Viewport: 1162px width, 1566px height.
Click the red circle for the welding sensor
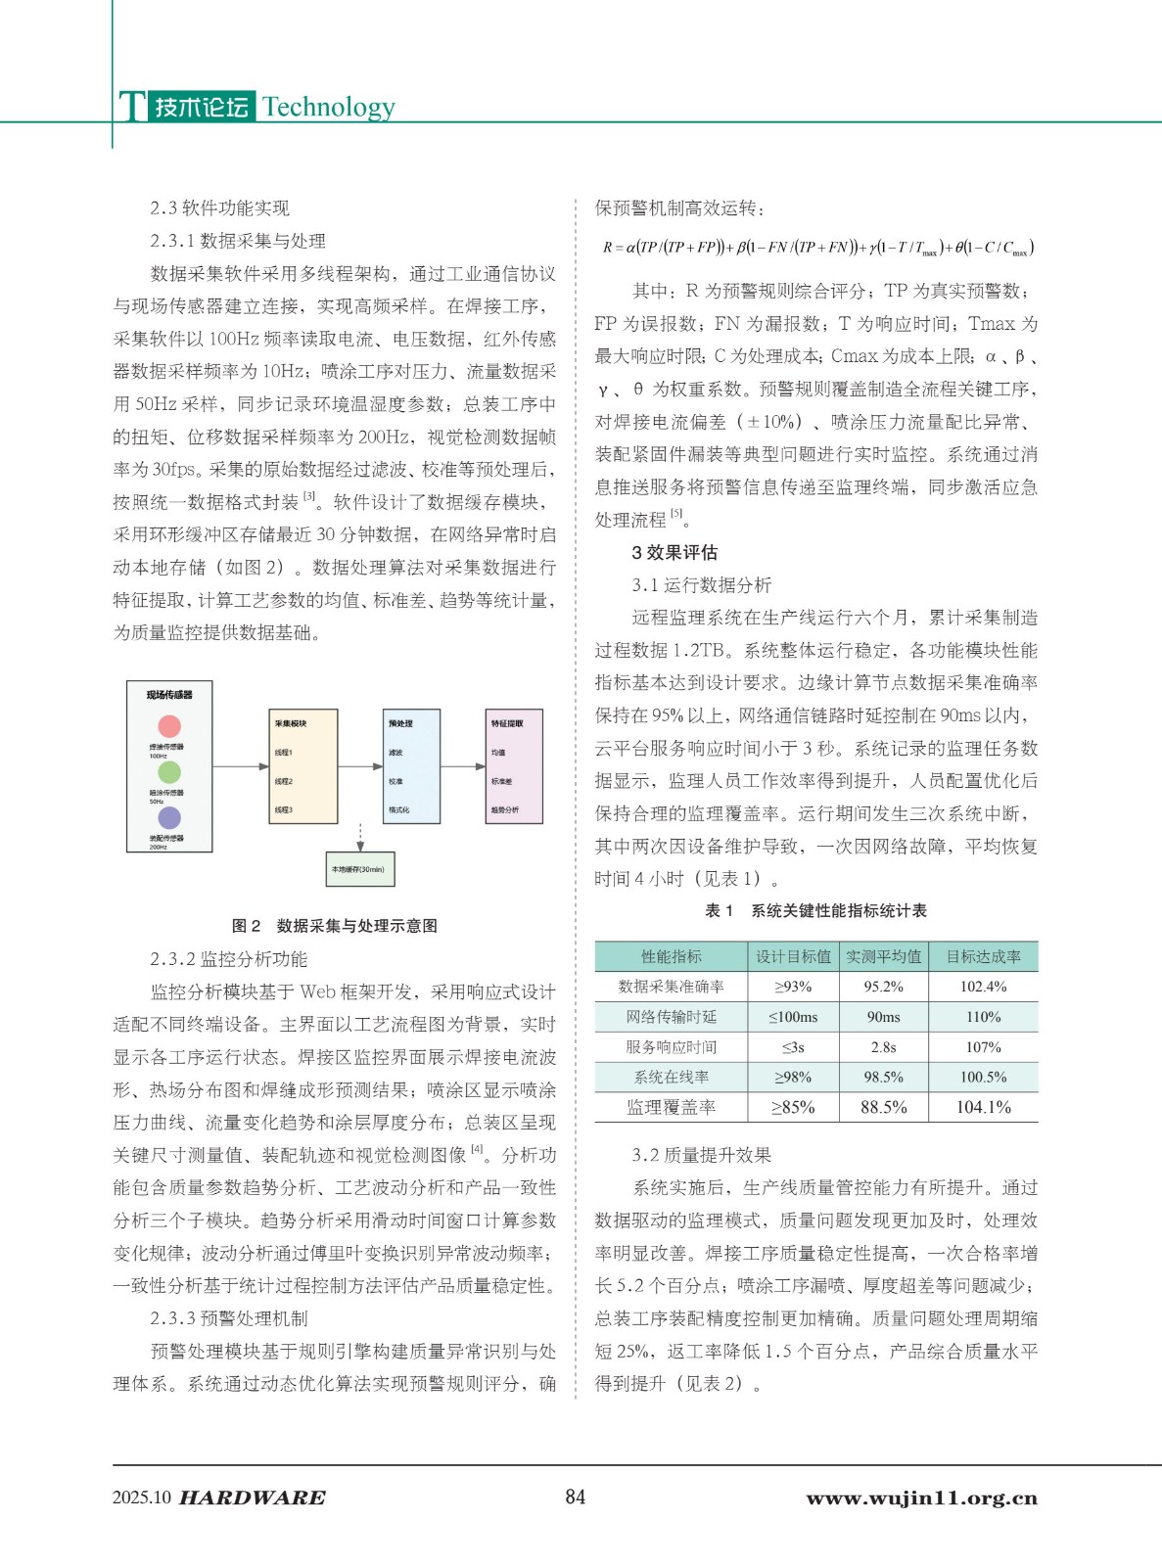coord(169,726)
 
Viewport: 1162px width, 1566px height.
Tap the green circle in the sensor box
coord(169,772)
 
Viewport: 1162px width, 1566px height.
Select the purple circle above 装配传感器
coord(169,817)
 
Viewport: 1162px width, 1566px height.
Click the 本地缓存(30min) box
coord(359,869)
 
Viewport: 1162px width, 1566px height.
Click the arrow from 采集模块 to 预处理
coord(362,766)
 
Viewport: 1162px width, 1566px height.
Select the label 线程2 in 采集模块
coord(284,781)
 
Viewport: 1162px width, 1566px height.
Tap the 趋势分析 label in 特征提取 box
coord(504,810)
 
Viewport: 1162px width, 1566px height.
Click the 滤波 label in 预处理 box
coord(395,753)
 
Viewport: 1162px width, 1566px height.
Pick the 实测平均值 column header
coord(883,956)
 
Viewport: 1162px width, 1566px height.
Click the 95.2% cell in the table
coord(883,987)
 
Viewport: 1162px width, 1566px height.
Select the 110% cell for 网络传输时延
coord(983,1017)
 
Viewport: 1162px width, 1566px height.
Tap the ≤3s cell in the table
coord(793,1047)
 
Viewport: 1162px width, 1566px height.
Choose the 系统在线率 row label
coord(671,1077)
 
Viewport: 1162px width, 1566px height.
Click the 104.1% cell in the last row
coord(983,1107)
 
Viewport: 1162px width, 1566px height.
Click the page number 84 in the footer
coord(576,1497)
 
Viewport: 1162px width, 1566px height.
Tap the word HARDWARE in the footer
coord(253,1497)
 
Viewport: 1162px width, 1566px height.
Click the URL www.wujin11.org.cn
coord(921,1497)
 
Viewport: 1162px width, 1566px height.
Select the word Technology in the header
coord(329,107)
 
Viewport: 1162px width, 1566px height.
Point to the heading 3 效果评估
coord(674,552)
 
